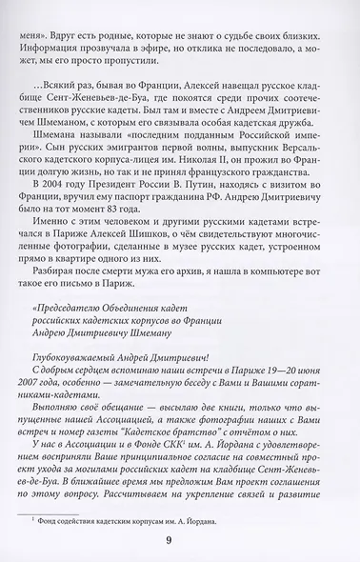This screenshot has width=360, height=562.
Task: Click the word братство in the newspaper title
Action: click(196, 441)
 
